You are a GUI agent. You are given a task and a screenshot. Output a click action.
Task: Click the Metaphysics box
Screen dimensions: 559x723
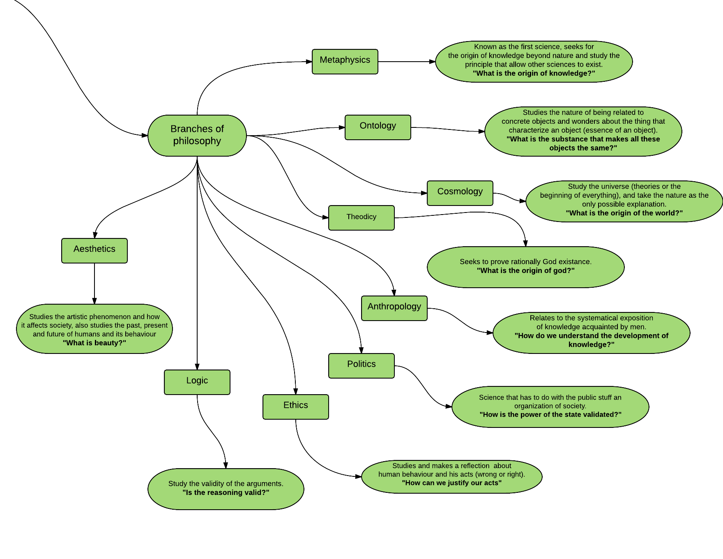tap(345, 62)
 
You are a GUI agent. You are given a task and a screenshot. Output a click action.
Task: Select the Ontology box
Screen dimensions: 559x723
tap(378, 127)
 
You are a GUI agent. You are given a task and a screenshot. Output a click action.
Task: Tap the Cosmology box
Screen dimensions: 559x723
tap(460, 193)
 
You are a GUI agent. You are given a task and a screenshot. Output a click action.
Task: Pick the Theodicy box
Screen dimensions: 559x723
tap(361, 218)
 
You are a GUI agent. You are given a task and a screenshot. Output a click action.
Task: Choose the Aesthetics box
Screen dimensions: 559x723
tap(94, 251)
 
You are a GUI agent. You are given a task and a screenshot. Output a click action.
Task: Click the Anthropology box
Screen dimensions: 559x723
tap(394, 308)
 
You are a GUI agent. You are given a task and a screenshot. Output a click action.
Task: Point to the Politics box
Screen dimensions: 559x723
tap(361, 366)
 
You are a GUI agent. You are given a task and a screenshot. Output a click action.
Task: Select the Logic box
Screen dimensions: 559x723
tap(197, 382)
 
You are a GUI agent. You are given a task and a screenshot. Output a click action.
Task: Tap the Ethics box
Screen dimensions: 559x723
tap(295, 407)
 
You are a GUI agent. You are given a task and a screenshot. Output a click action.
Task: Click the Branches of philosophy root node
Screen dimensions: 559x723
tap(197, 135)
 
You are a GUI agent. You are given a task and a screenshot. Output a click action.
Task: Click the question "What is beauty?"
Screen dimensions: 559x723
tap(94, 343)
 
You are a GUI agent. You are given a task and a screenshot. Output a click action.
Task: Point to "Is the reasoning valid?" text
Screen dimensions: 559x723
tap(226, 492)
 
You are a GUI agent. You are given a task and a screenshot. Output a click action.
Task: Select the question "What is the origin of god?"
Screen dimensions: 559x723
tap(525, 270)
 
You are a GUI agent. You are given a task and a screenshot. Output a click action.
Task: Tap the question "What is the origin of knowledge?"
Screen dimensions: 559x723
tap(534, 73)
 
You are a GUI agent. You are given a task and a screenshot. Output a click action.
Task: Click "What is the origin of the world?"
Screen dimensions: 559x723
tap(624, 213)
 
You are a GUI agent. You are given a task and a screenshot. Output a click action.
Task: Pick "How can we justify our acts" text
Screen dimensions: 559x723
tap(451, 483)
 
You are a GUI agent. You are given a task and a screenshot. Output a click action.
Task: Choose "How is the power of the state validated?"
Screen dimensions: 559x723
tap(550, 414)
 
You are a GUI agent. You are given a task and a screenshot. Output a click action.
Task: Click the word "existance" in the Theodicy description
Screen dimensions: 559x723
tap(576, 261)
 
